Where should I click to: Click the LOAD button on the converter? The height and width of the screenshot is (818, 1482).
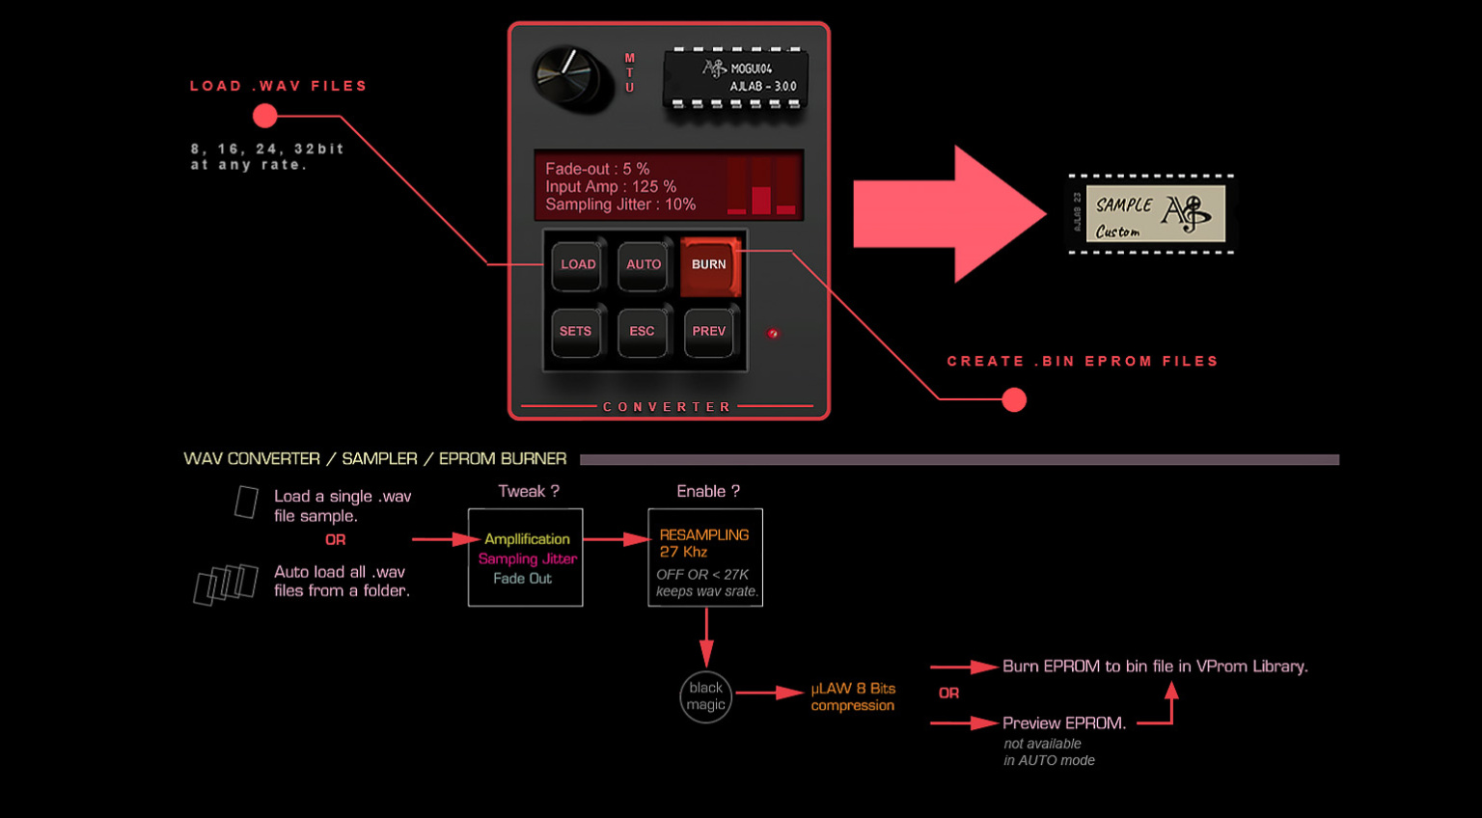tap(578, 265)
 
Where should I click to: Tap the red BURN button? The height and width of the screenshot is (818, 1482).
tap(709, 265)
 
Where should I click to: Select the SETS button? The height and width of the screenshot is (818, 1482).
tap(576, 332)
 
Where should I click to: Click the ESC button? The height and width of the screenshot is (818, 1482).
tap(642, 332)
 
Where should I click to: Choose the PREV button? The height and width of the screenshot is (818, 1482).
tap(708, 332)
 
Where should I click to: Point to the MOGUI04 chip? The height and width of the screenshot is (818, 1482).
tap(736, 77)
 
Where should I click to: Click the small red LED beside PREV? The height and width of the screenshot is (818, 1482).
tap(773, 334)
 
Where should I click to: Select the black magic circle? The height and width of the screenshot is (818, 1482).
tap(706, 696)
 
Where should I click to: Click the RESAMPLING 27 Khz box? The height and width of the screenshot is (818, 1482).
tap(705, 558)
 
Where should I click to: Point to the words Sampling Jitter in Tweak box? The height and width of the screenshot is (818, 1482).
tap(528, 559)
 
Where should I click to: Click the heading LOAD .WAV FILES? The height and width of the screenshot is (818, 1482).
tap(278, 86)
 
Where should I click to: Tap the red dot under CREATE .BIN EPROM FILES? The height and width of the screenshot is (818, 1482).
tap(1014, 399)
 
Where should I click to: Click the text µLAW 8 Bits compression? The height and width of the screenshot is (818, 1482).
tap(853, 696)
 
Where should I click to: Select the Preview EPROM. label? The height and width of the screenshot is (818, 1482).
tap(1063, 723)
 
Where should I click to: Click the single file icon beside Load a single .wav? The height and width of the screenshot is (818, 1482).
tap(247, 503)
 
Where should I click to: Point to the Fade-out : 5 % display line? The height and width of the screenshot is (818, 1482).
tap(597, 169)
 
